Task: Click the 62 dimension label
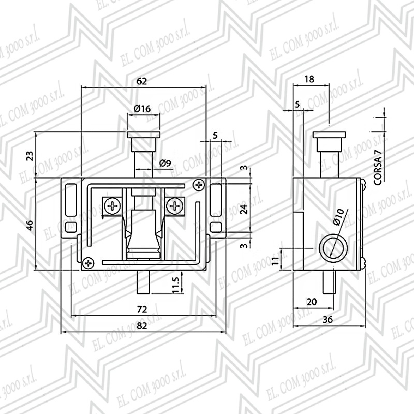tap(141, 81)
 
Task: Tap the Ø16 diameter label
tap(142, 109)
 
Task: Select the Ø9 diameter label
tap(165, 163)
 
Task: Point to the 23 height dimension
tap(31, 156)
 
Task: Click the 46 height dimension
tap(31, 225)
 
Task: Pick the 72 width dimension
tap(142, 309)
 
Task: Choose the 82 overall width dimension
tap(142, 326)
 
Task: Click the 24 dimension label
tap(244, 209)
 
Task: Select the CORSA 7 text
tap(378, 167)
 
